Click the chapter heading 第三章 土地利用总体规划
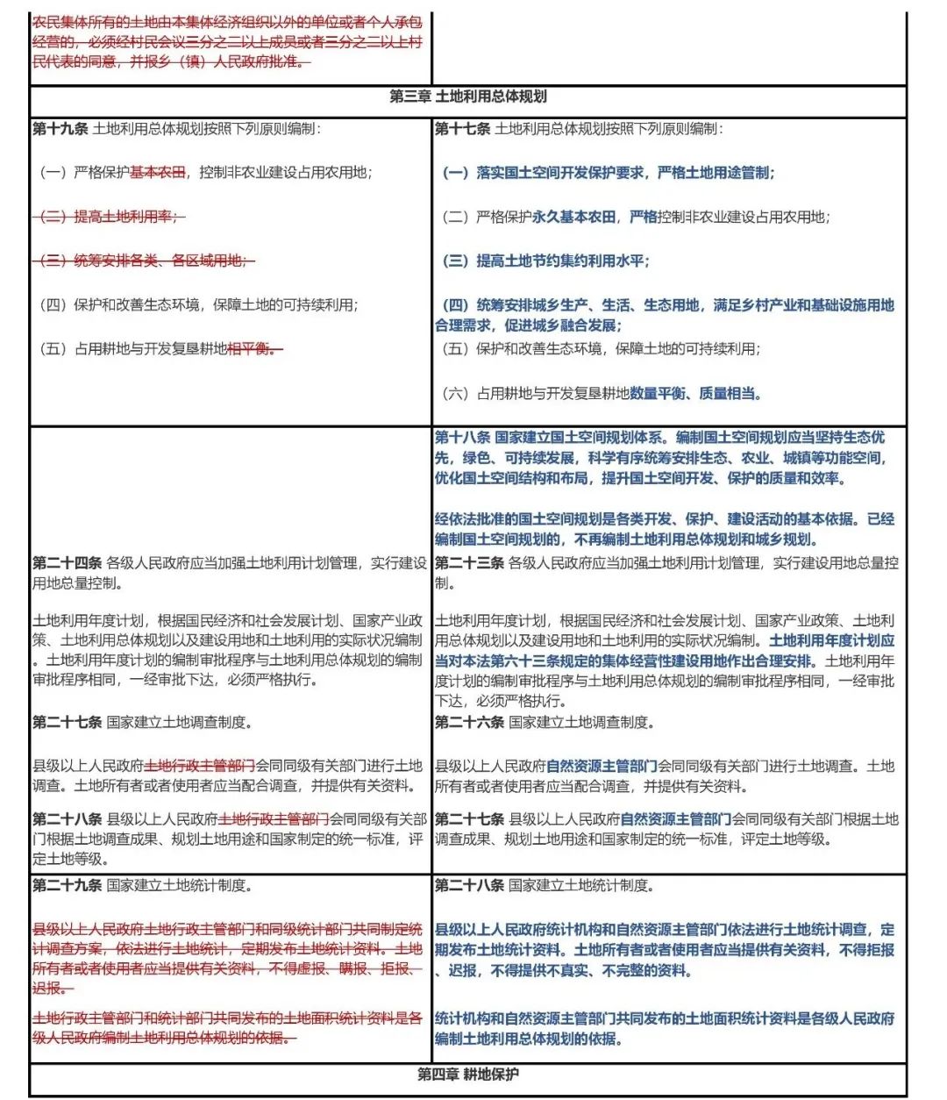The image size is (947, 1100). (468, 97)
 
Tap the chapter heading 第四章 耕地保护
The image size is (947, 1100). (468, 1075)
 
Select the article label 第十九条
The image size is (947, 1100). (61, 129)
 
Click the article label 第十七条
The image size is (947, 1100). (462, 129)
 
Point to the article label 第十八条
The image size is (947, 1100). (462, 437)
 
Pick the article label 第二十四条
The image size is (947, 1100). (67, 563)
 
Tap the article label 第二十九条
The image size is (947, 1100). (67, 886)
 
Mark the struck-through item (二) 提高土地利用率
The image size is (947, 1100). (110, 217)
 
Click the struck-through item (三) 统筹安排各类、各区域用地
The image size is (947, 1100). (145, 261)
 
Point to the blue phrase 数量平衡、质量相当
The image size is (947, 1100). (695, 394)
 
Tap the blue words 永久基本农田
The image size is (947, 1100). (574, 217)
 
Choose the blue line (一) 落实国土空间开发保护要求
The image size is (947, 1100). (608, 173)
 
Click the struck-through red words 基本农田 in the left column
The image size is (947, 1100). (158, 173)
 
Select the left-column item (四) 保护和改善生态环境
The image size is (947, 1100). (198, 305)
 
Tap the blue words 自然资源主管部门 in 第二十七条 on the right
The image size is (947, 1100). (675, 819)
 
